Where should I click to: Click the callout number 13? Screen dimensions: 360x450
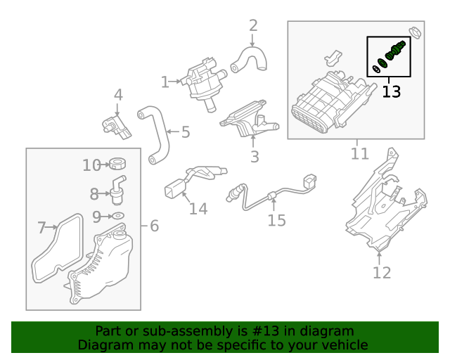pyautogui.click(x=392, y=91)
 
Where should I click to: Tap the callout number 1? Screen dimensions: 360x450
pyautogui.click(x=165, y=82)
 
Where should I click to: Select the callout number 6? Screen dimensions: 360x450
pyautogui.click(x=155, y=226)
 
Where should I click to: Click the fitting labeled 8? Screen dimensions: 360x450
pyautogui.click(x=116, y=188)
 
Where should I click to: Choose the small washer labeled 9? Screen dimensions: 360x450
pyautogui.click(x=118, y=215)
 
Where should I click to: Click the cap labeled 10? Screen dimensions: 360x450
pyautogui.click(x=117, y=165)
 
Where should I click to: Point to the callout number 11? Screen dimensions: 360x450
pyautogui.click(x=359, y=153)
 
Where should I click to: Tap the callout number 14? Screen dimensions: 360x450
pyautogui.click(x=198, y=209)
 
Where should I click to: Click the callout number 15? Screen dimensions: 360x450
pyautogui.click(x=276, y=220)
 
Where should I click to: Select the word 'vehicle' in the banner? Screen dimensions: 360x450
pyautogui.click(x=343, y=345)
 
